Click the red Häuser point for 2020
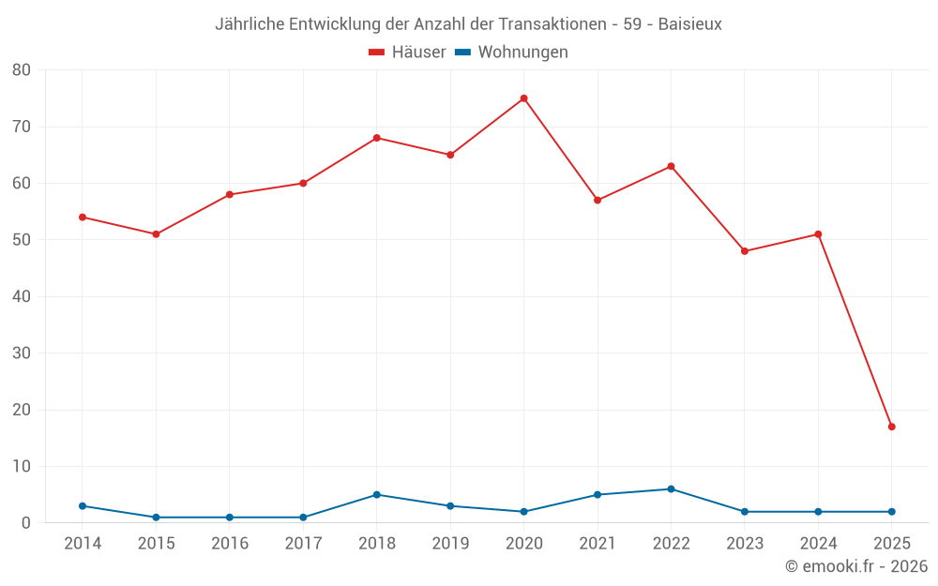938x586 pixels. click(x=523, y=98)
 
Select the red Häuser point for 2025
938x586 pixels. click(x=891, y=427)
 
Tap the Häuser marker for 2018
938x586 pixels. click(x=376, y=138)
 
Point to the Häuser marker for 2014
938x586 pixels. click(x=83, y=218)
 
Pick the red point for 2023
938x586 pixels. click(x=745, y=251)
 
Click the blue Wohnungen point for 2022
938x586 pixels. click(x=671, y=489)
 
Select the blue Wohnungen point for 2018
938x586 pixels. click(x=376, y=495)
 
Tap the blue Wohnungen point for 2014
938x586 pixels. click(x=83, y=506)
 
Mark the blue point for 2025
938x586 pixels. click(x=891, y=512)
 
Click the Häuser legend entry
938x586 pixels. click(x=407, y=53)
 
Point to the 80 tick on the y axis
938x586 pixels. click(x=22, y=70)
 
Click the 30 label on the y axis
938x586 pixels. click(x=22, y=353)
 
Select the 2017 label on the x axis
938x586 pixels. click(x=303, y=544)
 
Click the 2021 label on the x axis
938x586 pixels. click(x=598, y=544)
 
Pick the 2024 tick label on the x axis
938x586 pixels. click(x=818, y=544)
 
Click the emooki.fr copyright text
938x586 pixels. click(x=856, y=566)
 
